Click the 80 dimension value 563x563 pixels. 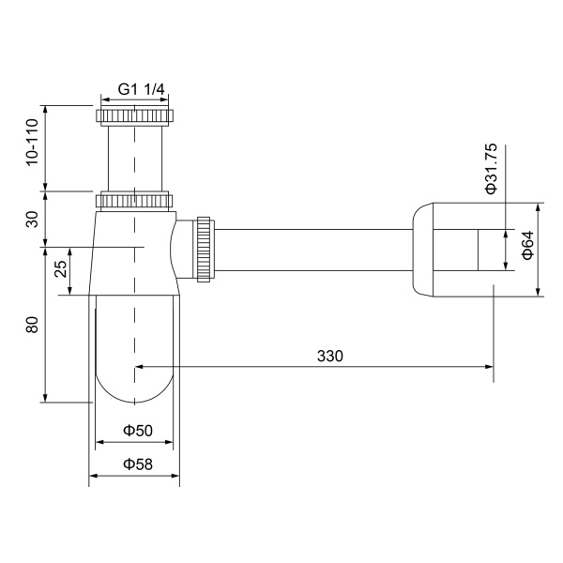(32, 326)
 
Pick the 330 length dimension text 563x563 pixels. (329, 356)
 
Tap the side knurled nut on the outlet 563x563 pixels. (203, 249)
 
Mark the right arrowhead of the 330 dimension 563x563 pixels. (489, 367)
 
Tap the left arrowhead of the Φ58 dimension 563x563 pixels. (93, 477)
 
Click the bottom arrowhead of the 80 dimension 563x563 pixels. (45, 397)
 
